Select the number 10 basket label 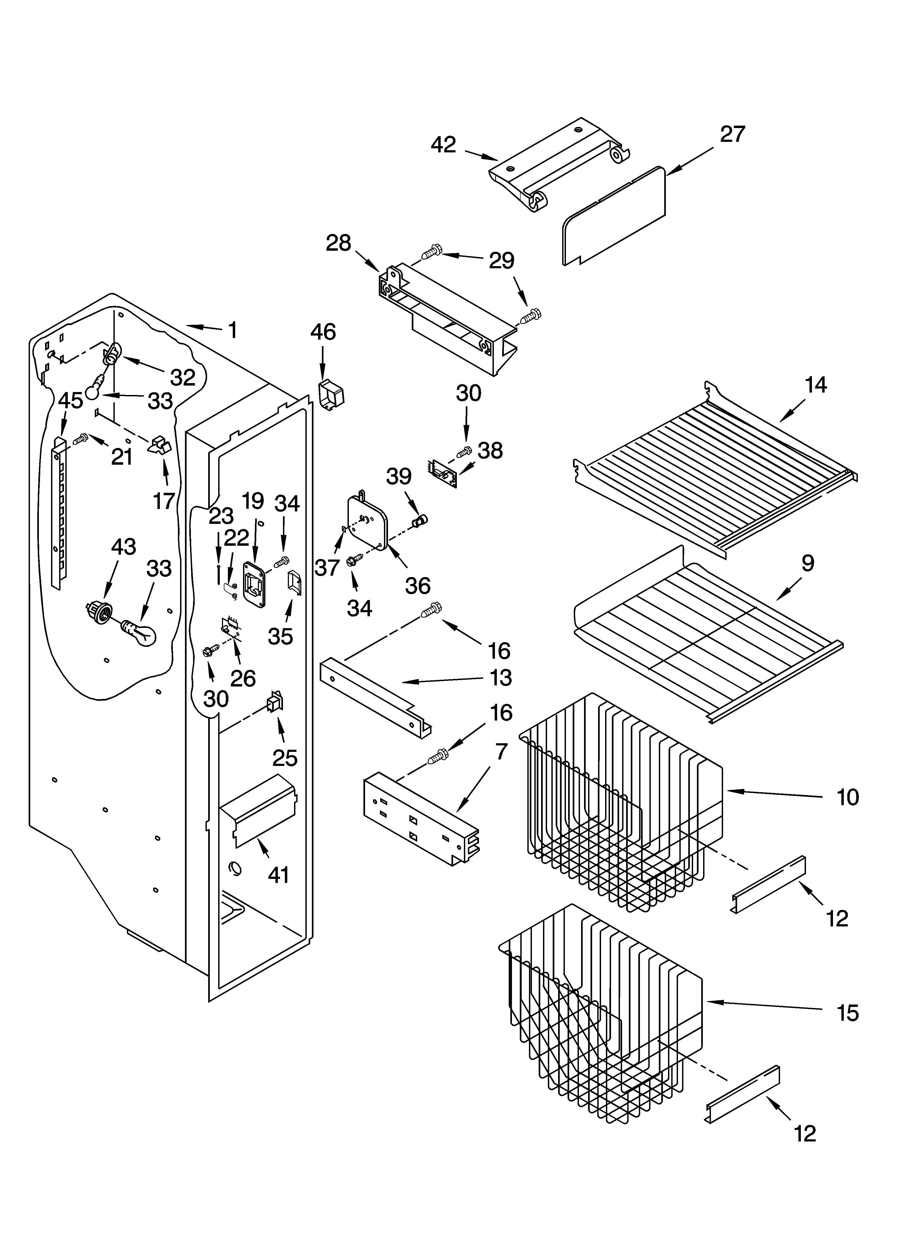(x=848, y=797)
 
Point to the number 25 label (x=285, y=758)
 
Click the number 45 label (x=70, y=400)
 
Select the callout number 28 (x=338, y=243)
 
